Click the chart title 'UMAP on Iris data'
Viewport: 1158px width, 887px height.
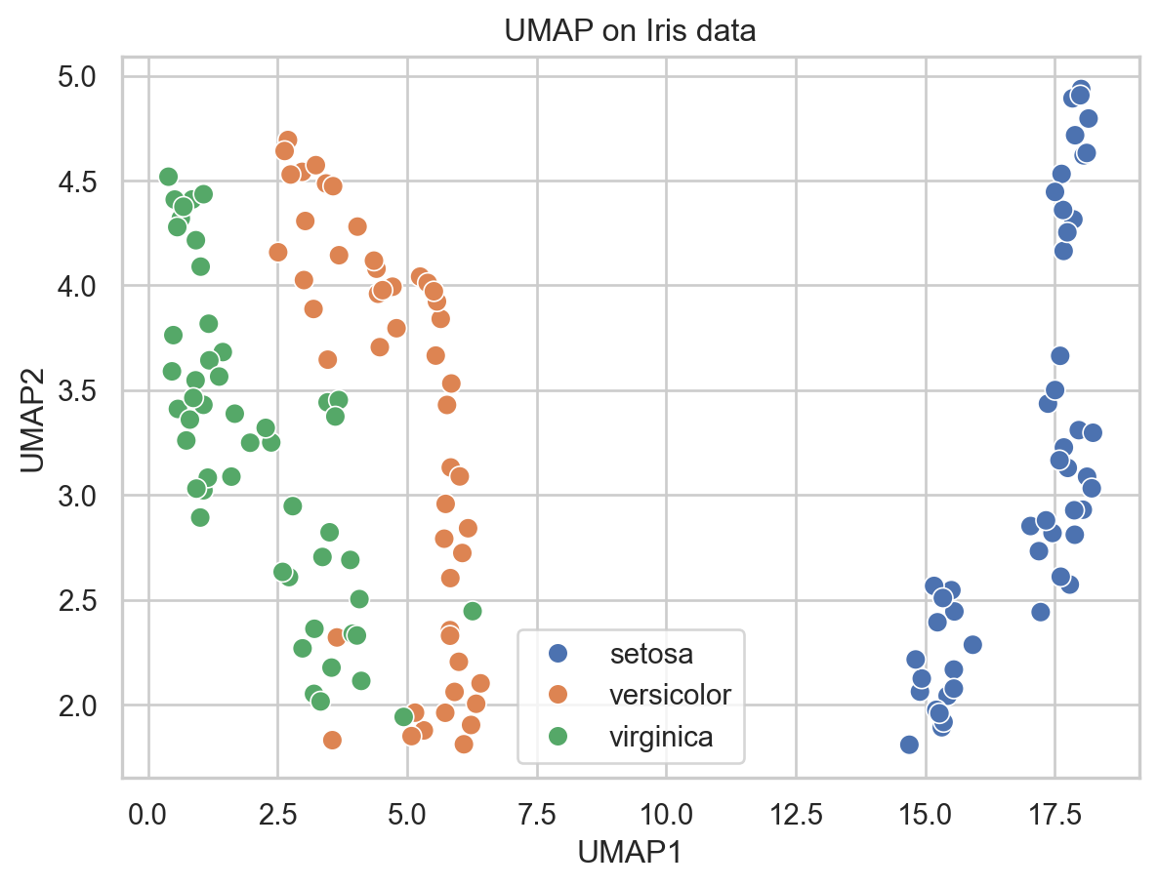[630, 31]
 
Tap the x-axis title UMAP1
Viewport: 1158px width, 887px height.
[630, 851]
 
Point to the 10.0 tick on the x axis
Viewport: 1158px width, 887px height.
[666, 812]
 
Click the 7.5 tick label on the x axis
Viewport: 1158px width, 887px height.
[537, 812]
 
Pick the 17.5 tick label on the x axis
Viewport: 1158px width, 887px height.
[1055, 812]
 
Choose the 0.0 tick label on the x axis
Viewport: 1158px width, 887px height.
[148, 812]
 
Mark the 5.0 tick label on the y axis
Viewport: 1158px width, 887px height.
[90, 76]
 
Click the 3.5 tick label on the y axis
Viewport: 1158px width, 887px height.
[90, 390]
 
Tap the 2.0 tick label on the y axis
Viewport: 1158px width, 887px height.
[90, 705]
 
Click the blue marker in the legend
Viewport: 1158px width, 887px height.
[558, 652]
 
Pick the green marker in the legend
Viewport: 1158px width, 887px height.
[558, 737]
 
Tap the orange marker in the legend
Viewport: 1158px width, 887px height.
[558, 694]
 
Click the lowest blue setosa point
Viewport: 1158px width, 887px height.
[909, 745]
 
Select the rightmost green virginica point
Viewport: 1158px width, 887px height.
[473, 611]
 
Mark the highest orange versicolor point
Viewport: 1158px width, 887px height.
[287, 141]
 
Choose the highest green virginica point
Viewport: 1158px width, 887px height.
[168, 177]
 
